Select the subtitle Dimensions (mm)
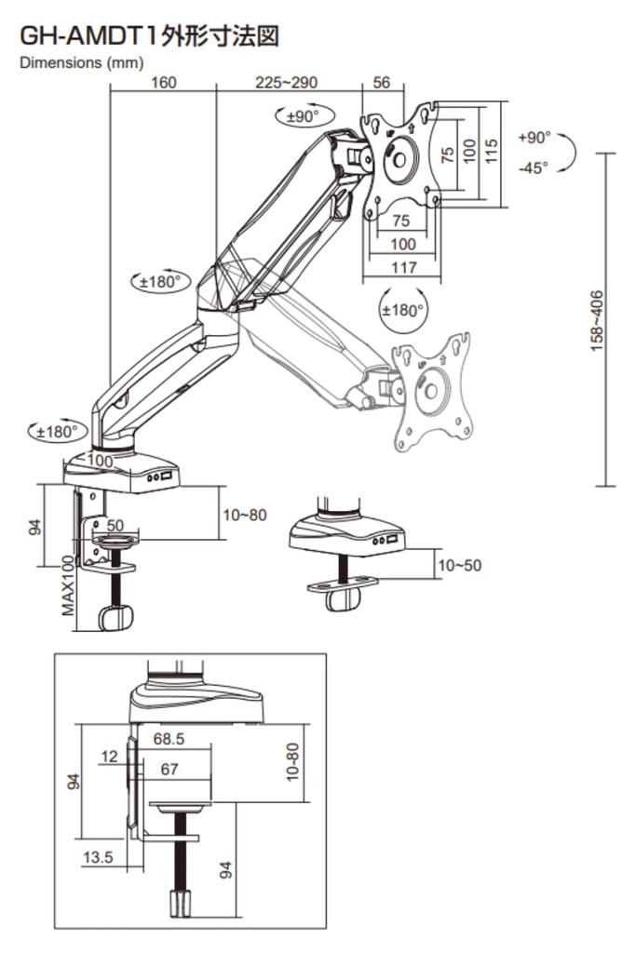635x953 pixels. [81, 62]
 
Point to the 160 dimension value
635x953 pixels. [163, 82]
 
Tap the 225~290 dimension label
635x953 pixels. [286, 82]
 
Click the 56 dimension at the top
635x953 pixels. [382, 82]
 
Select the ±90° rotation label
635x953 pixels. [303, 116]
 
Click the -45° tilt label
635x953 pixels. [533, 168]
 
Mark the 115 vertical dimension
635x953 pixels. [493, 149]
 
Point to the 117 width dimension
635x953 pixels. [402, 267]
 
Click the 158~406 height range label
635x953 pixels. [597, 319]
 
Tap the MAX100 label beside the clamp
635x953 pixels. [68, 585]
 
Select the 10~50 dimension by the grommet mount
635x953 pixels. [460, 565]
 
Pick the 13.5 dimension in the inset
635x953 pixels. [97, 856]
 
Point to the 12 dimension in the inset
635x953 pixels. [110, 757]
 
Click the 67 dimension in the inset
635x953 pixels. [169, 769]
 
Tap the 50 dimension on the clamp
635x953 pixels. [115, 526]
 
